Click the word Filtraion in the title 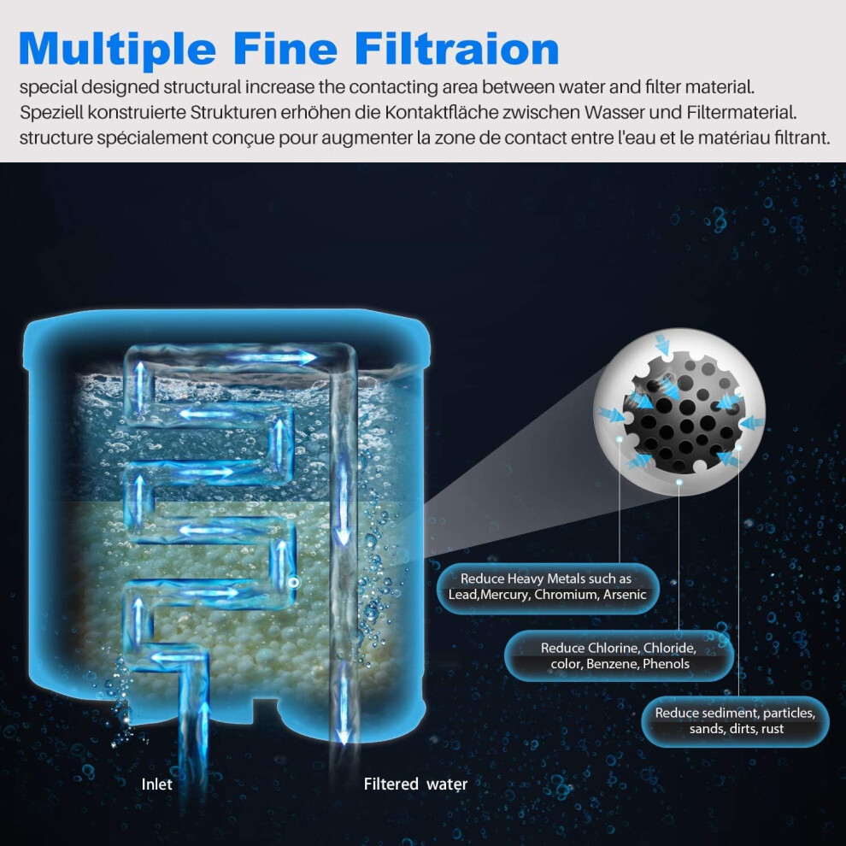(x=456, y=49)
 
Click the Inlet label (x=156, y=784)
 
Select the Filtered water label (x=415, y=784)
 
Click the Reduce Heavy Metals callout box (x=548, y=587)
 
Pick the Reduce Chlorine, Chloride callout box (x=619, y=655)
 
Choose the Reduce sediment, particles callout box (x=736, y=721)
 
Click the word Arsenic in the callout (x=625, y=595)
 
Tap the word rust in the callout (x=773, y=729)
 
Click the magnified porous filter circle (x=679, y=412)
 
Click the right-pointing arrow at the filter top (x=270, y=357)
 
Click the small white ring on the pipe (x=294, y=582)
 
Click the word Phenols (x=667, y=664)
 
